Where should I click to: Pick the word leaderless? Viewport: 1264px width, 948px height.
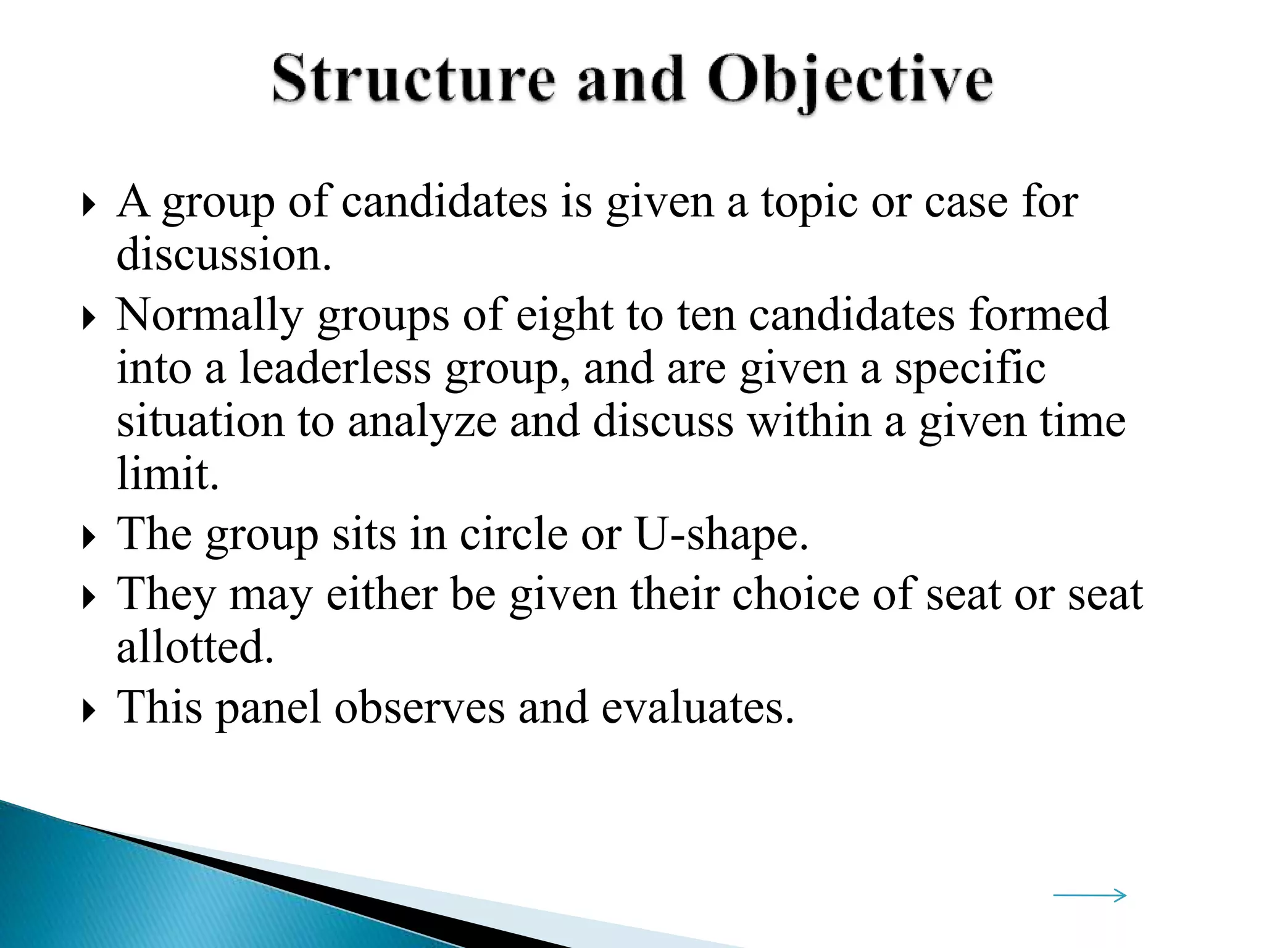[x=335, y=368]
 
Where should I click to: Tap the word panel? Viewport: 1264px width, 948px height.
[x=268, y=707]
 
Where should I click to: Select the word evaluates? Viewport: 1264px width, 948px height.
[x=697, y=707]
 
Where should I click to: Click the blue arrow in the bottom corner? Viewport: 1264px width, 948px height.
[x=1089, y=895]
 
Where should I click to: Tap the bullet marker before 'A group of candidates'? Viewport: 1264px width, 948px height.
[x=89, y=206]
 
